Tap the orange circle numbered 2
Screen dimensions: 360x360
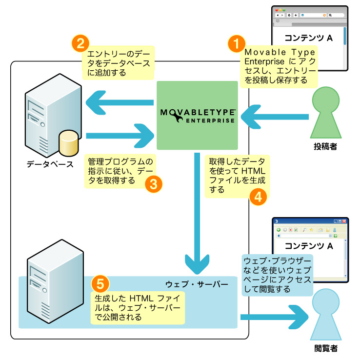point(79,43)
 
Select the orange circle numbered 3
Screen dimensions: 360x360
point(153,183)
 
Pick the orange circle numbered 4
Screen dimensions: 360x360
point(258,196)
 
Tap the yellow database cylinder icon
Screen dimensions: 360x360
point(68,142)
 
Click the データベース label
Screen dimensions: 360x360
point(50,164)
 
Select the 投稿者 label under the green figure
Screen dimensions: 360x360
point(325,146)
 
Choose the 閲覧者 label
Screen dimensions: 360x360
point(325,349)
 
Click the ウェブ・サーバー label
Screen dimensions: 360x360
point(197,283)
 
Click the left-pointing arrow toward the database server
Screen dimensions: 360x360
point(119,103)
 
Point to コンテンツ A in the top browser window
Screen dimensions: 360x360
point(309,38)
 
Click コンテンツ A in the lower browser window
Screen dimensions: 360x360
point(309,245)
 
